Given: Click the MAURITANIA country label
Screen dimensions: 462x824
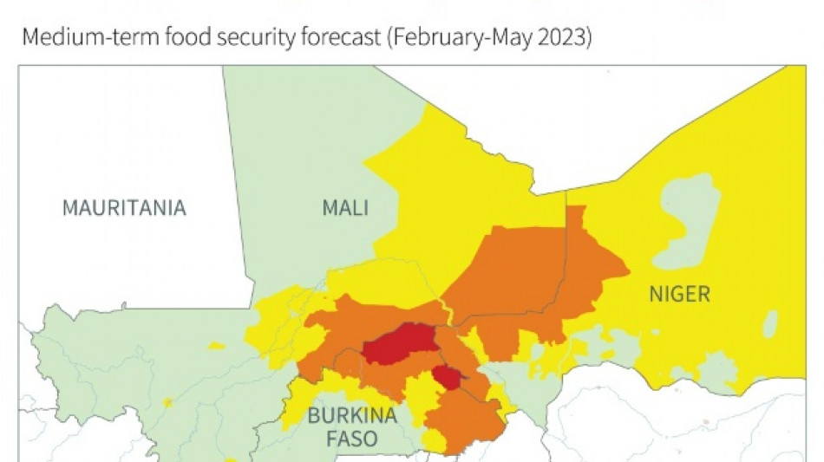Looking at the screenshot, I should tap(124, 208).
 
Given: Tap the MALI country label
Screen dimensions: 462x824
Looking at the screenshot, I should tap(344, 208).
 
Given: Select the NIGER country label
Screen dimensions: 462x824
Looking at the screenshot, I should tap(679, 294).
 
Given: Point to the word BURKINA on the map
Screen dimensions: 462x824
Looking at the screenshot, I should tap(352, 415).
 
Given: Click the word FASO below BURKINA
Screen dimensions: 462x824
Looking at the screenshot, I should tap(352, 439).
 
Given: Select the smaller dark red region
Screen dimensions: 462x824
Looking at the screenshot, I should tap(448, 378).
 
